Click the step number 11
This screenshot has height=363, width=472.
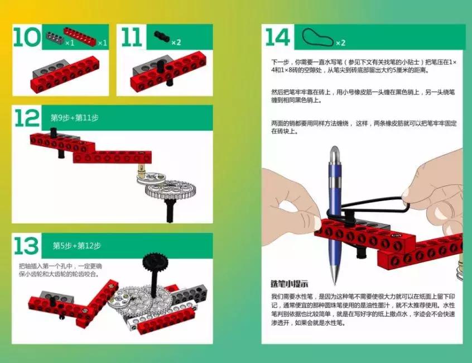pos(132,37)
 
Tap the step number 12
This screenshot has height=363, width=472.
pos(27,118)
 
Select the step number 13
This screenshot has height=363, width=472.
pos(27,246)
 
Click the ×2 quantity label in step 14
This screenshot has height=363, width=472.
pos(341,42)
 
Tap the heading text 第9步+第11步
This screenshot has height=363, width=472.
pos(75,118)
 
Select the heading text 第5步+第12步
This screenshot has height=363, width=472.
pos(77,246)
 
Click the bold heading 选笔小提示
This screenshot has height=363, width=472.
pos(290,283)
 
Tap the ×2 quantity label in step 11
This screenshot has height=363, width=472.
pos(176,42)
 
